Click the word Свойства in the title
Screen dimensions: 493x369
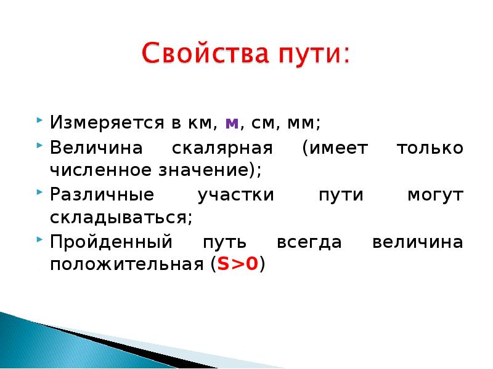pos(206,53)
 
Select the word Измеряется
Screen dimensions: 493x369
pos(107,122)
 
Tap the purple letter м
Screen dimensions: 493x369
pos(232,124)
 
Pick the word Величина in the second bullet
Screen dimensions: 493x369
pos(96,147)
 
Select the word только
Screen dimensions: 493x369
pos(430,148)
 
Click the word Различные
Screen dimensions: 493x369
pos(102,195)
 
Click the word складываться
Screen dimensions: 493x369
pos(121,218)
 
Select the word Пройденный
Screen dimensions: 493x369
pos(112,242)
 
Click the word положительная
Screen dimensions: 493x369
pos(127,264)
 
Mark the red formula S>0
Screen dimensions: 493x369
pos(238,264)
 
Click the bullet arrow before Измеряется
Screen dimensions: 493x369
pos(39,120)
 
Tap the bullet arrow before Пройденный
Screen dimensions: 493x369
pos(39,240)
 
